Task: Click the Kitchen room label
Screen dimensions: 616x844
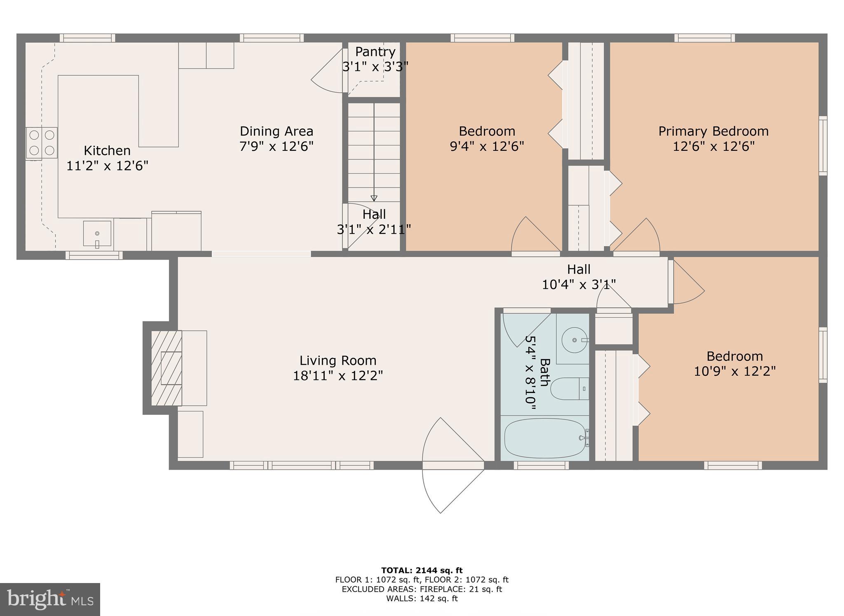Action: tap(107, 150)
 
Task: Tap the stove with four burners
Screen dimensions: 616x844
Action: tap(42, 143)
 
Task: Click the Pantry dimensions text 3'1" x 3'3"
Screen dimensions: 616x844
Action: tap(375, 66)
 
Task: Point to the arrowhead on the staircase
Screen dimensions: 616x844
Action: tap(374, 198)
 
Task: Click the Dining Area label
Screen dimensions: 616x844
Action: tap(277, 131)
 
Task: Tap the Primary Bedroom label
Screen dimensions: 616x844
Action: tap(713, 131)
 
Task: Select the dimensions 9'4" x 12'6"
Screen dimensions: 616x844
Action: tap(487, 146)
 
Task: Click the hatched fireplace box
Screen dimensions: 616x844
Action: tap(166, 368)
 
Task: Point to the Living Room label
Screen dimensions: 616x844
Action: tap(338, 361)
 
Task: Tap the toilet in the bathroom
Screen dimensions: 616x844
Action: tap(569, 389)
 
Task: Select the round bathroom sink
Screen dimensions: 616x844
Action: tap(574, 340)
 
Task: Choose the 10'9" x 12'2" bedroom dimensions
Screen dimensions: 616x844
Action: tap(734, 371)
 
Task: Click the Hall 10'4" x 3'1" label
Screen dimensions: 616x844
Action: tap(579, 276)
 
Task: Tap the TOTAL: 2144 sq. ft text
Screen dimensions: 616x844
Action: tap(422, 570)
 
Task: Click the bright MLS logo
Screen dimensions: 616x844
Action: tap(50, 599)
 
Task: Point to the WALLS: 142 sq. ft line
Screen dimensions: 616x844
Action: tap(422, 599)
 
